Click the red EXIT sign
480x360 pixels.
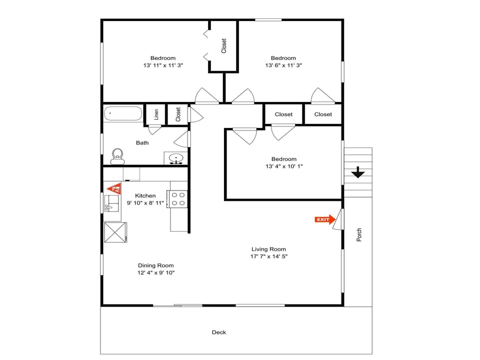[x=324, y=219]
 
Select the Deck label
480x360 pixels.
[x=218, y=332]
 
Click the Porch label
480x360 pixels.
[x=359, y=235]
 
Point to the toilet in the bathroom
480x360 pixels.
[x=117, y=155]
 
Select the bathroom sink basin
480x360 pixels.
[x=176, y=159]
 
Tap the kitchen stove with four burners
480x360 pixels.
[x=178, y=199]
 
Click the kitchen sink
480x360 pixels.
[x=112, y=203]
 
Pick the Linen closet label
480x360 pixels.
[x=156, y=114]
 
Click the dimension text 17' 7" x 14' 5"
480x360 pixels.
[x=269, y=256]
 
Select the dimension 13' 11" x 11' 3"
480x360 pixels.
[x=163, y=65]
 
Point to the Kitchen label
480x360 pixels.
[x=145, y=195]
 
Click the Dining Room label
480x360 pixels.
[x=156, y=265]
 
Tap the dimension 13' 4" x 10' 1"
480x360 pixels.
[x=283, y=166]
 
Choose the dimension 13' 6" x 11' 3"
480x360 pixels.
[x=283, y=65]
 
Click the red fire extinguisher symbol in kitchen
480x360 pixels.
[x=114, y=188]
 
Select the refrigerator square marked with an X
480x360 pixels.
[x=115, y=232]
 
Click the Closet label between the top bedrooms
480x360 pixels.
[x=223, y=46]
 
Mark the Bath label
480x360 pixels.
[x=142, y=143]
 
